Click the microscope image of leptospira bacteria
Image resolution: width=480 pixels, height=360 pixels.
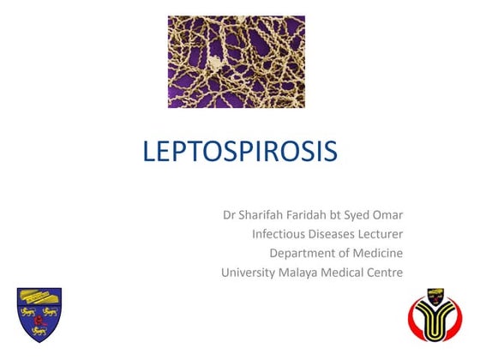point(236,61)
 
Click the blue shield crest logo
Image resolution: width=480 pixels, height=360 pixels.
point(39,315)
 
